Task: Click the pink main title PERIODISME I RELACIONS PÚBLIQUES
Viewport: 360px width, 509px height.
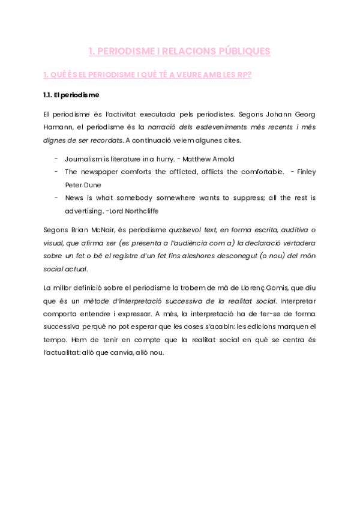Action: [179, 52]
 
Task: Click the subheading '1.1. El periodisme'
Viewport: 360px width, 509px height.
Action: [71, 95]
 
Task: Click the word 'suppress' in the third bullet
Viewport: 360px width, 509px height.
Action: [234, 197]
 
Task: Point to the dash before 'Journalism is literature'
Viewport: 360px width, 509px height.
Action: [56, 159]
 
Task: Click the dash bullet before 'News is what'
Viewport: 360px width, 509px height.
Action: [56, 197]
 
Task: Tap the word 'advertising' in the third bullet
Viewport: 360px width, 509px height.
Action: [84, 211]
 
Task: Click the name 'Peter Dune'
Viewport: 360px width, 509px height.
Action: [83, 185]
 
